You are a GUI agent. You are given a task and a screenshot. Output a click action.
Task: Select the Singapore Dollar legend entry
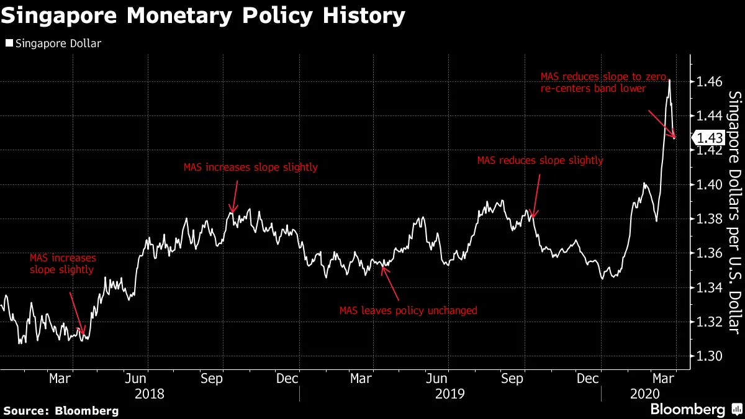(x=53, y=43)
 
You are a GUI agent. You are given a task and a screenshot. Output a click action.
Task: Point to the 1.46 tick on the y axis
(x=708, y=82)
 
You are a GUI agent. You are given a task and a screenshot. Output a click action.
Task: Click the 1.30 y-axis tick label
(x=708, y=356)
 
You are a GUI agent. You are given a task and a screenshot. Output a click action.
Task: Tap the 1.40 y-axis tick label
(x=708, y=185)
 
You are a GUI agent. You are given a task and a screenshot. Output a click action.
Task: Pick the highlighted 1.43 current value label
(x=709, y=138)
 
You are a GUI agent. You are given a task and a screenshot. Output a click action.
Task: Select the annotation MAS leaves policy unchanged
(x=408, y=310)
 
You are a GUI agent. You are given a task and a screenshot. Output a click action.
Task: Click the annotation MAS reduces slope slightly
(x=540, y=160)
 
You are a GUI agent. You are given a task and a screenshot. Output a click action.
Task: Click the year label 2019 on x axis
(x=450, y=394)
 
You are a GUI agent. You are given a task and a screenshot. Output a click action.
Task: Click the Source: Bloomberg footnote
(x=61, y=410)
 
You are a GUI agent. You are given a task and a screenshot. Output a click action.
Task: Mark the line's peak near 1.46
(x=669, y=80)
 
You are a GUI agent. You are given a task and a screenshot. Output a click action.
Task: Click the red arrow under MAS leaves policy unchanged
(x=391, y=283)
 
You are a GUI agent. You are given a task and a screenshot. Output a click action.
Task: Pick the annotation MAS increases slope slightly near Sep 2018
(x=250, y=167)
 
